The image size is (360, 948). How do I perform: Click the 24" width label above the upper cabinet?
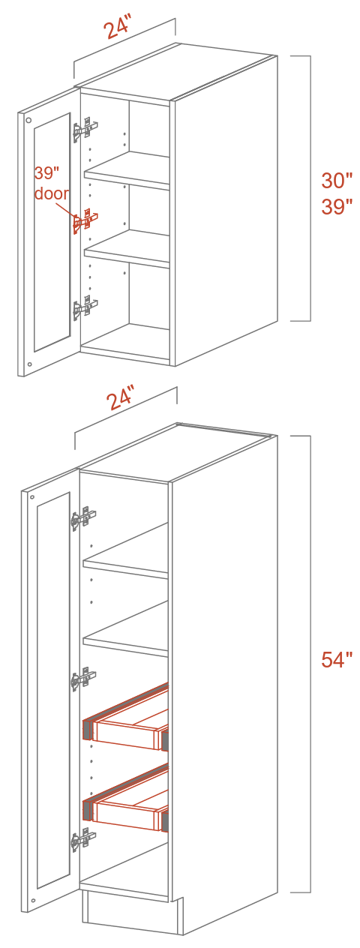click(x=116, y=28)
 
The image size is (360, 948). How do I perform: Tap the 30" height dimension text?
click(x=337, y=181)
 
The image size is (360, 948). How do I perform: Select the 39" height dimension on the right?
click(x=337, y=206)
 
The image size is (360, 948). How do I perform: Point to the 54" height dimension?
click(x=337, y=660)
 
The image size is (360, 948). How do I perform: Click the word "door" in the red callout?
click(x=52, y=193)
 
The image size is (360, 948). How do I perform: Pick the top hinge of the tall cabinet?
click(x=83, y=517)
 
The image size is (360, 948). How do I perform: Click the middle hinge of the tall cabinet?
click(x=83, y=679)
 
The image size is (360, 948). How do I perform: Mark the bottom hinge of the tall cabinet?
click(x=83, y=841)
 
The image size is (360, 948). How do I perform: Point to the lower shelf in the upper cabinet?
click(x=127, y=250)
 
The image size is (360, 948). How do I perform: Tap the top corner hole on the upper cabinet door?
click(x=28, y=120)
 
